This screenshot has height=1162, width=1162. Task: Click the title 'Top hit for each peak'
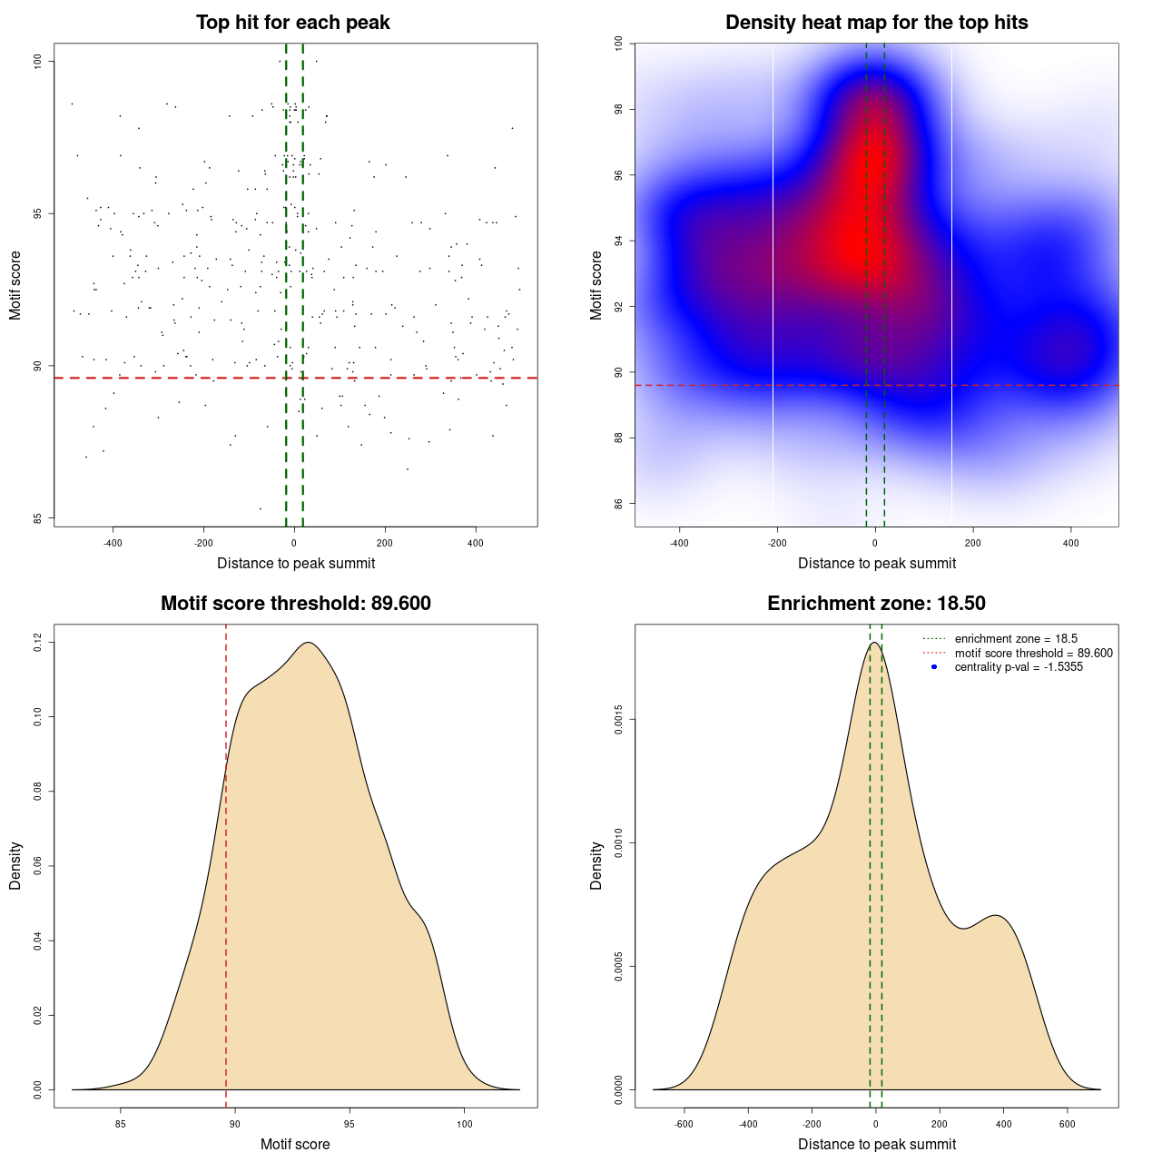[x=292, y=23]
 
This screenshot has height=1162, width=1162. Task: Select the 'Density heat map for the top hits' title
[x=876, y=23]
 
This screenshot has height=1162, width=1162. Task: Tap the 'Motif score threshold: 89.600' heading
[x=295, y=604]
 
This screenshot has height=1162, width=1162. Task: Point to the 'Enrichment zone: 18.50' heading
[x=876, y=604]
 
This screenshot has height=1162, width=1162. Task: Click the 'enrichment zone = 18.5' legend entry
[x=1016, y=639]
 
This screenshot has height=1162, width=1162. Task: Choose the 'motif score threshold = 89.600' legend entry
[x=1033, y=653]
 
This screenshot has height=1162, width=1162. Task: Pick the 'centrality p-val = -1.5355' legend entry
[x=1019, y=667]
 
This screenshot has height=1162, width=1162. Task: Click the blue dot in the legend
[x=934, y=667]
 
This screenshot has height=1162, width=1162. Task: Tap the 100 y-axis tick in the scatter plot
[x=38, y=61]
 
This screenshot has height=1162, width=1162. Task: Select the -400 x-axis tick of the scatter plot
[x=113, y=543]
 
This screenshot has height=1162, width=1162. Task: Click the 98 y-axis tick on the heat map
[x=619, y=109]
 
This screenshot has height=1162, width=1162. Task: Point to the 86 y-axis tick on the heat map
[x=619, y=504]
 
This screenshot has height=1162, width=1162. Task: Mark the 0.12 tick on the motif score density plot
[x=38, y=643]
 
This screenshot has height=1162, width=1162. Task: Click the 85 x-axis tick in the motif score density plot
[x=120, y=1124]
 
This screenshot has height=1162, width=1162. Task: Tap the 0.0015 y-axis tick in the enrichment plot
[x=619, y=720]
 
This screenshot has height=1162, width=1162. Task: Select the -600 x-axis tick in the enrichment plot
[x=684, y=1124]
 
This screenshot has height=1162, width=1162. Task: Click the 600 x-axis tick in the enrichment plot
[x=1068, y=1124]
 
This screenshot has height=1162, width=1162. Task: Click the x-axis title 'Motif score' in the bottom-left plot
[x=295, y=1145]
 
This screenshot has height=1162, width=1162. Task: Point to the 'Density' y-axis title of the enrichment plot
[x=596, y=865]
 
